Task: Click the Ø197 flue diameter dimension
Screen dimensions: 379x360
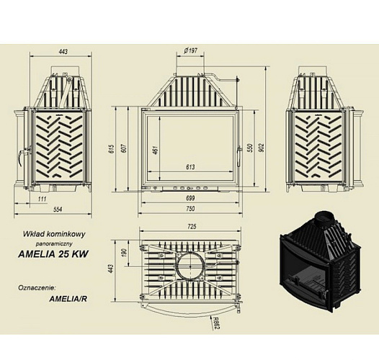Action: [190, 50]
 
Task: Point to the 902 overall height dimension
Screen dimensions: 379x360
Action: [262, 148]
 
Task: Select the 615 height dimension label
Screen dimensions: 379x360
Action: [112, 149]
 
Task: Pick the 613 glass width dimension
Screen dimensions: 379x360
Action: [190, 167]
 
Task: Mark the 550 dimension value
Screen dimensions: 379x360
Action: [250, 148]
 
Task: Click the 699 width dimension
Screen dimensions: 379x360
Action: [190, 199]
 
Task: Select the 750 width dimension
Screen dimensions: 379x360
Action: [190, 209]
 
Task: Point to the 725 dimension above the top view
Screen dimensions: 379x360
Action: [192, 226]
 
